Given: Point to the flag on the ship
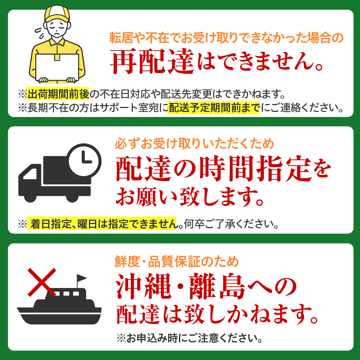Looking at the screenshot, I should [81, 278].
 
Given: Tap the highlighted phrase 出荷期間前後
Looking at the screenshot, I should [58, 95].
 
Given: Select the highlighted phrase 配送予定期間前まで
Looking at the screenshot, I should [213, 108].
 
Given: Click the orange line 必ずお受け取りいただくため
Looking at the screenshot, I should [194, 144].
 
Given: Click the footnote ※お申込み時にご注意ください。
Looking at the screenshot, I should [189, 338].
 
